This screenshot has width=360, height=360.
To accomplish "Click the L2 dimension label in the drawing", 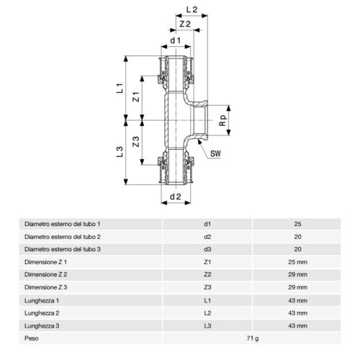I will tap(190, 10).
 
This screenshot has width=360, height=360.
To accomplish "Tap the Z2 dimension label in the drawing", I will tap(184, 24).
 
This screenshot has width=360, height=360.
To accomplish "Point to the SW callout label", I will tap(214, 153).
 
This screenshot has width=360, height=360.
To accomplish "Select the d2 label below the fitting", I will tap(174, 196).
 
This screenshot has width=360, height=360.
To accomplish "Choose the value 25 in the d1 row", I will tap(297, 224).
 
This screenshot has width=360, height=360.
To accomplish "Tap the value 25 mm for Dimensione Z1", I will tap(297, 262).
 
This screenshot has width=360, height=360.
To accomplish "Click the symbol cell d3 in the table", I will tap(208, 249).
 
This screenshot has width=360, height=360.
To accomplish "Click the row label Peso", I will tap(32, 338).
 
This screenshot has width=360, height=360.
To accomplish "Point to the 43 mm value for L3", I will tap(297, 325).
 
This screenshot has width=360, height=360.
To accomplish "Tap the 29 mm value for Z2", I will tap(297, 275).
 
